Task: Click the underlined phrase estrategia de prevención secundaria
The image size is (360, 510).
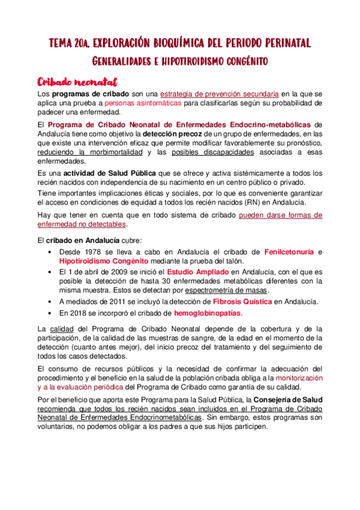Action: click(219, 94)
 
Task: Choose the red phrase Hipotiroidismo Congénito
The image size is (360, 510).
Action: click(103, 261)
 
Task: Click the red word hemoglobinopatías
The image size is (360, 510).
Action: click(207, 314)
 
